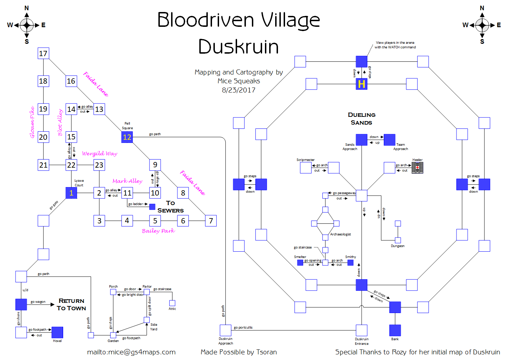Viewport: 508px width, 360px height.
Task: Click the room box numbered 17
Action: (43, 53)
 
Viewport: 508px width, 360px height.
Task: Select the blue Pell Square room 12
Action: (127, 137)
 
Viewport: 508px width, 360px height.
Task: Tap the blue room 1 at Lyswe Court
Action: (71, 193)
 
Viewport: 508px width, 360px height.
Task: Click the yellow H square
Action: (361, 84)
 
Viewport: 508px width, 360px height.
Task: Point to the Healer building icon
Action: (417, 168)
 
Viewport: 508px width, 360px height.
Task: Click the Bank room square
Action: (395, 330)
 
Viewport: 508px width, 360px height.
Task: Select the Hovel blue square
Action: (57, 332)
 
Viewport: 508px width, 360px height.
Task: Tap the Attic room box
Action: (172, 303)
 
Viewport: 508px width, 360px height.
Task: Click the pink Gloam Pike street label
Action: (32, 122)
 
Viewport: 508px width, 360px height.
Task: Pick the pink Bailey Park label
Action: (158, 231)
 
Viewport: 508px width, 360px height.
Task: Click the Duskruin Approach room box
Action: (225, 330)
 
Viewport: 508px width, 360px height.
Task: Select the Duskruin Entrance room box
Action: (362, 330)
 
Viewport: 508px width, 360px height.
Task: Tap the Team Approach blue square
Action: (389, 140)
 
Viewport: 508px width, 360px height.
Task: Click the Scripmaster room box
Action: (306, 168)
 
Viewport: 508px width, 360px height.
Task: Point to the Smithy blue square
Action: (350, 263)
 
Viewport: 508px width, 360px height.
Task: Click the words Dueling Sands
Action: (362, 119)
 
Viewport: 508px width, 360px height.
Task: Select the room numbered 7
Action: (211, 221)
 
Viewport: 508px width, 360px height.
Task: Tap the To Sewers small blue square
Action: (152, 207)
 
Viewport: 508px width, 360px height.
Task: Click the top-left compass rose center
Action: (27, 25)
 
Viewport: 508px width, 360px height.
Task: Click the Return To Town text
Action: (71, 304)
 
